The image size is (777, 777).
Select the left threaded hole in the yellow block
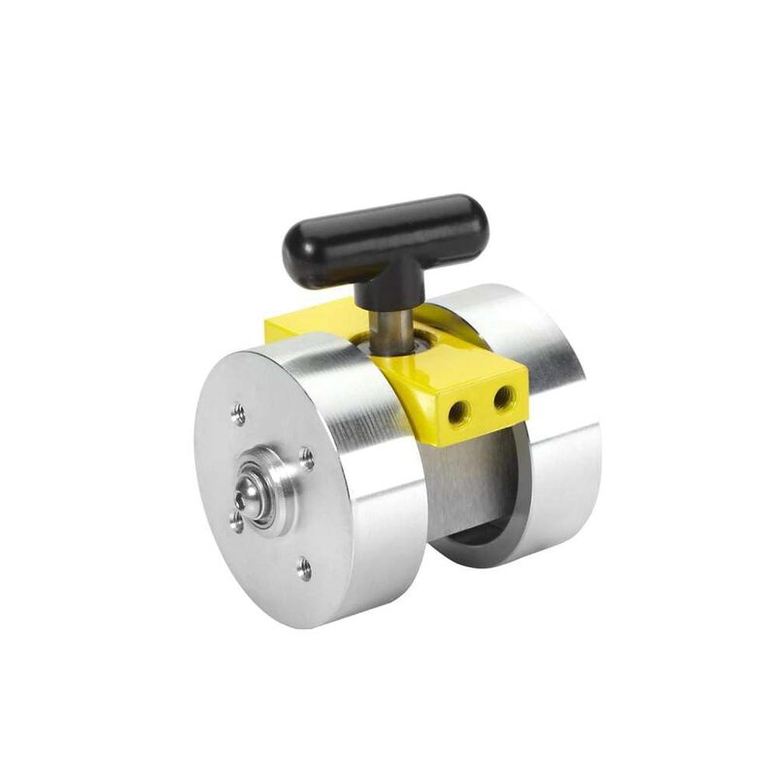click(457, 411)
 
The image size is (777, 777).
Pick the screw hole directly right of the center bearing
click(306, 456)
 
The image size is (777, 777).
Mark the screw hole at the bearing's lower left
click(236, 524)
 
